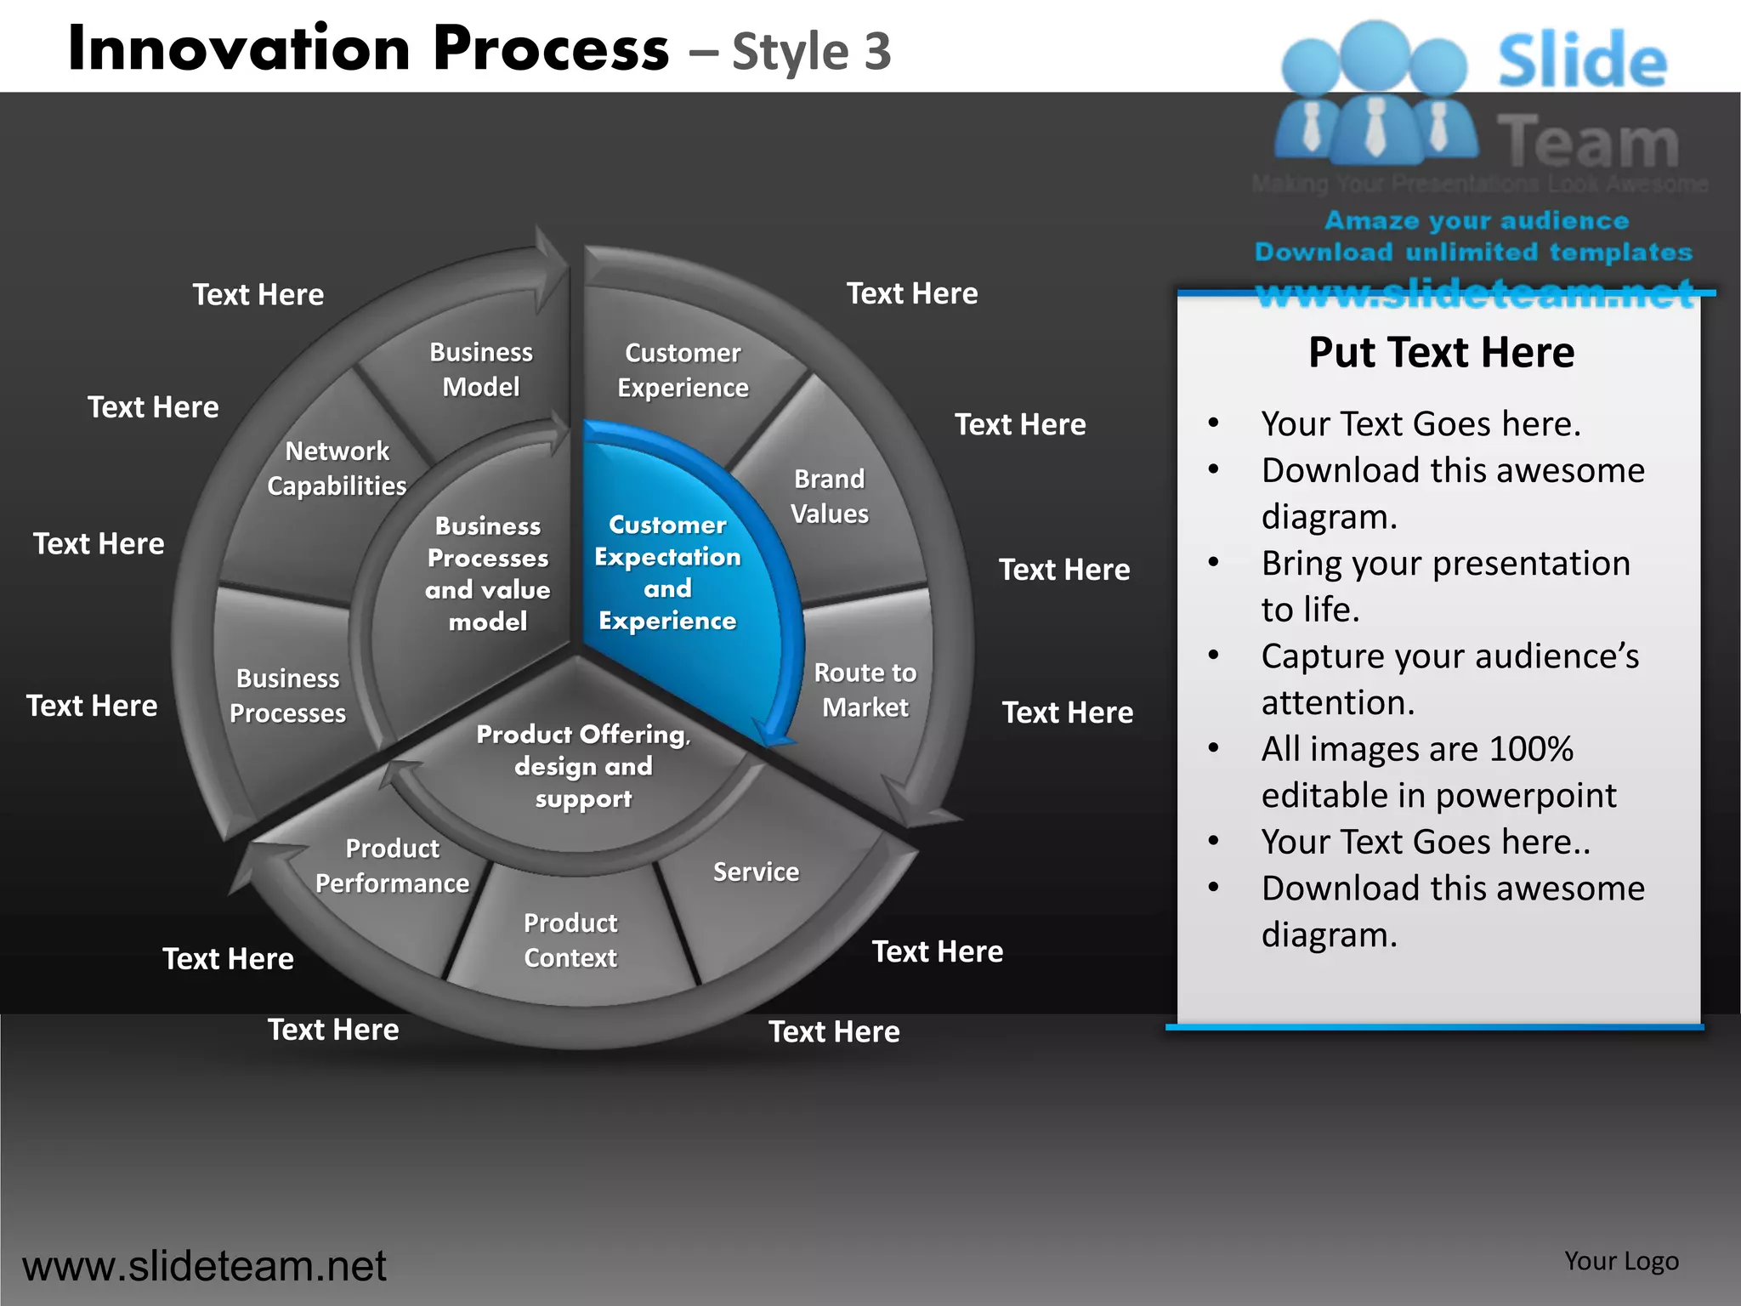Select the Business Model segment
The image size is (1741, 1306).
tap(481, 370)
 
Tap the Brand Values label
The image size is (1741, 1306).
tap(830, 497)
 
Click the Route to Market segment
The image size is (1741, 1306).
tap(865, 690)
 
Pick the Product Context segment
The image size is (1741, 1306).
tap(570, 940)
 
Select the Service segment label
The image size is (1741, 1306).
tap(756, 872)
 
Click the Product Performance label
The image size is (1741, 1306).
tap(392, 866)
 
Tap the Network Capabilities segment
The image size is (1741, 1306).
tap(337, 468)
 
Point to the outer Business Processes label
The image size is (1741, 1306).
tap(287, 696)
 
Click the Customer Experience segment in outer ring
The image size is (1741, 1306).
tap(683, 371)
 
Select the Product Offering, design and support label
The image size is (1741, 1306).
tap(583, 766)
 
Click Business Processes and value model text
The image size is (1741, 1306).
tap(488, 574)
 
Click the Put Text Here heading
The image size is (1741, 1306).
tap(1441, 353)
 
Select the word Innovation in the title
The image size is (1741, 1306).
tap(239, 49)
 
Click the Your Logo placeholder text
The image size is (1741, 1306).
tap(1621, 1261)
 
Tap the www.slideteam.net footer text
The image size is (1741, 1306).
tap(204, 1266)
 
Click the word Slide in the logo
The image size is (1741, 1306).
tap(1582, 61)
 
